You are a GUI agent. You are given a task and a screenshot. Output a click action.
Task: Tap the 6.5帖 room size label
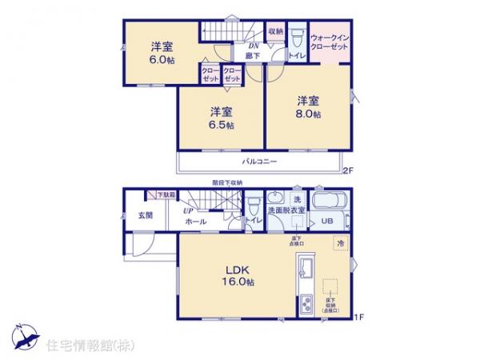coord(222,125)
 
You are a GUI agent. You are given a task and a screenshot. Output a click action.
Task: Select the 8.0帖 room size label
coord(309,114)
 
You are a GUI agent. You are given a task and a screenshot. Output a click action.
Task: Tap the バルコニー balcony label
coord(261,162)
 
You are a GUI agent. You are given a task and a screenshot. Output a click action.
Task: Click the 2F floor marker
coord(347,170)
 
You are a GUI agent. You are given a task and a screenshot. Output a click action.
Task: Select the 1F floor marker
coord(359,318)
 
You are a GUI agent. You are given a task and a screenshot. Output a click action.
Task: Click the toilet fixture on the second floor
coord(296,38)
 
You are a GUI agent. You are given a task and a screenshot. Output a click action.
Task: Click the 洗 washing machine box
coord(296,199)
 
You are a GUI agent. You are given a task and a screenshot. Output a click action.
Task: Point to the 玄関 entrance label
coord(144,215)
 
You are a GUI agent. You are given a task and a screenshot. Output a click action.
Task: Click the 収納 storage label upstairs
coord(275,31)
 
